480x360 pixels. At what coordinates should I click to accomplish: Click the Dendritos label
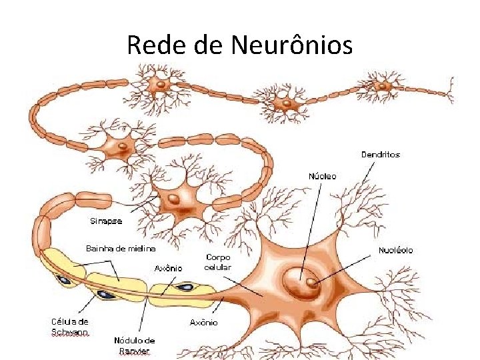381,155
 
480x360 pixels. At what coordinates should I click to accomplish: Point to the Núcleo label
323,176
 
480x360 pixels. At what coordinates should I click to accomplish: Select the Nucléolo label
396,250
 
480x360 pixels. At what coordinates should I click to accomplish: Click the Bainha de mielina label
121,248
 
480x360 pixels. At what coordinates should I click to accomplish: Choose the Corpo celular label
217,261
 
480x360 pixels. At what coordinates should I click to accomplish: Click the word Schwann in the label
70,331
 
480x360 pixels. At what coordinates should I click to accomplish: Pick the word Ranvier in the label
135,351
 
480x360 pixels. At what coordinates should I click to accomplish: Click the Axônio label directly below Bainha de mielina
169,268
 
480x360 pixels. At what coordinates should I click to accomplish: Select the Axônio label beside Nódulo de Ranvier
203,323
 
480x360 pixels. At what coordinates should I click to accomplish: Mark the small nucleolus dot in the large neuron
311,283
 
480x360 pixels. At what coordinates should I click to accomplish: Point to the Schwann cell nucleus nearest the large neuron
185,288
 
